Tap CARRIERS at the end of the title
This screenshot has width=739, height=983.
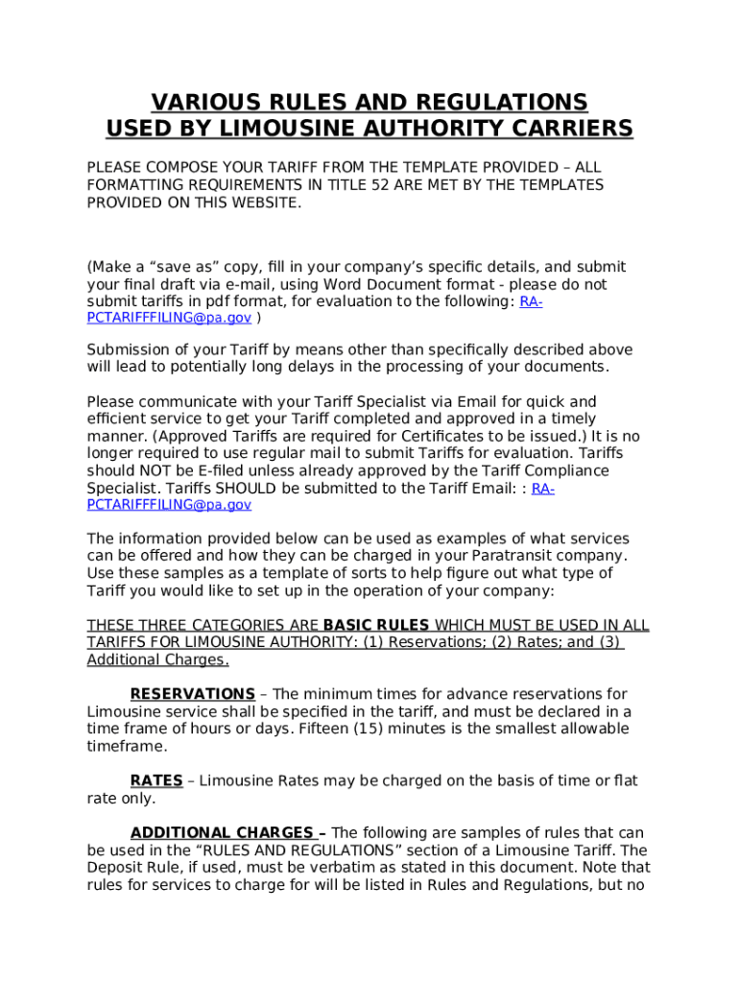[x=572, y=129]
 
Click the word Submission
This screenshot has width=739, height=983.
[x=130, y=349]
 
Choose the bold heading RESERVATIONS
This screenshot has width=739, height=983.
[x=192, y=694]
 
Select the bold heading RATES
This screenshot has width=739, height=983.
[x=156, y=781]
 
